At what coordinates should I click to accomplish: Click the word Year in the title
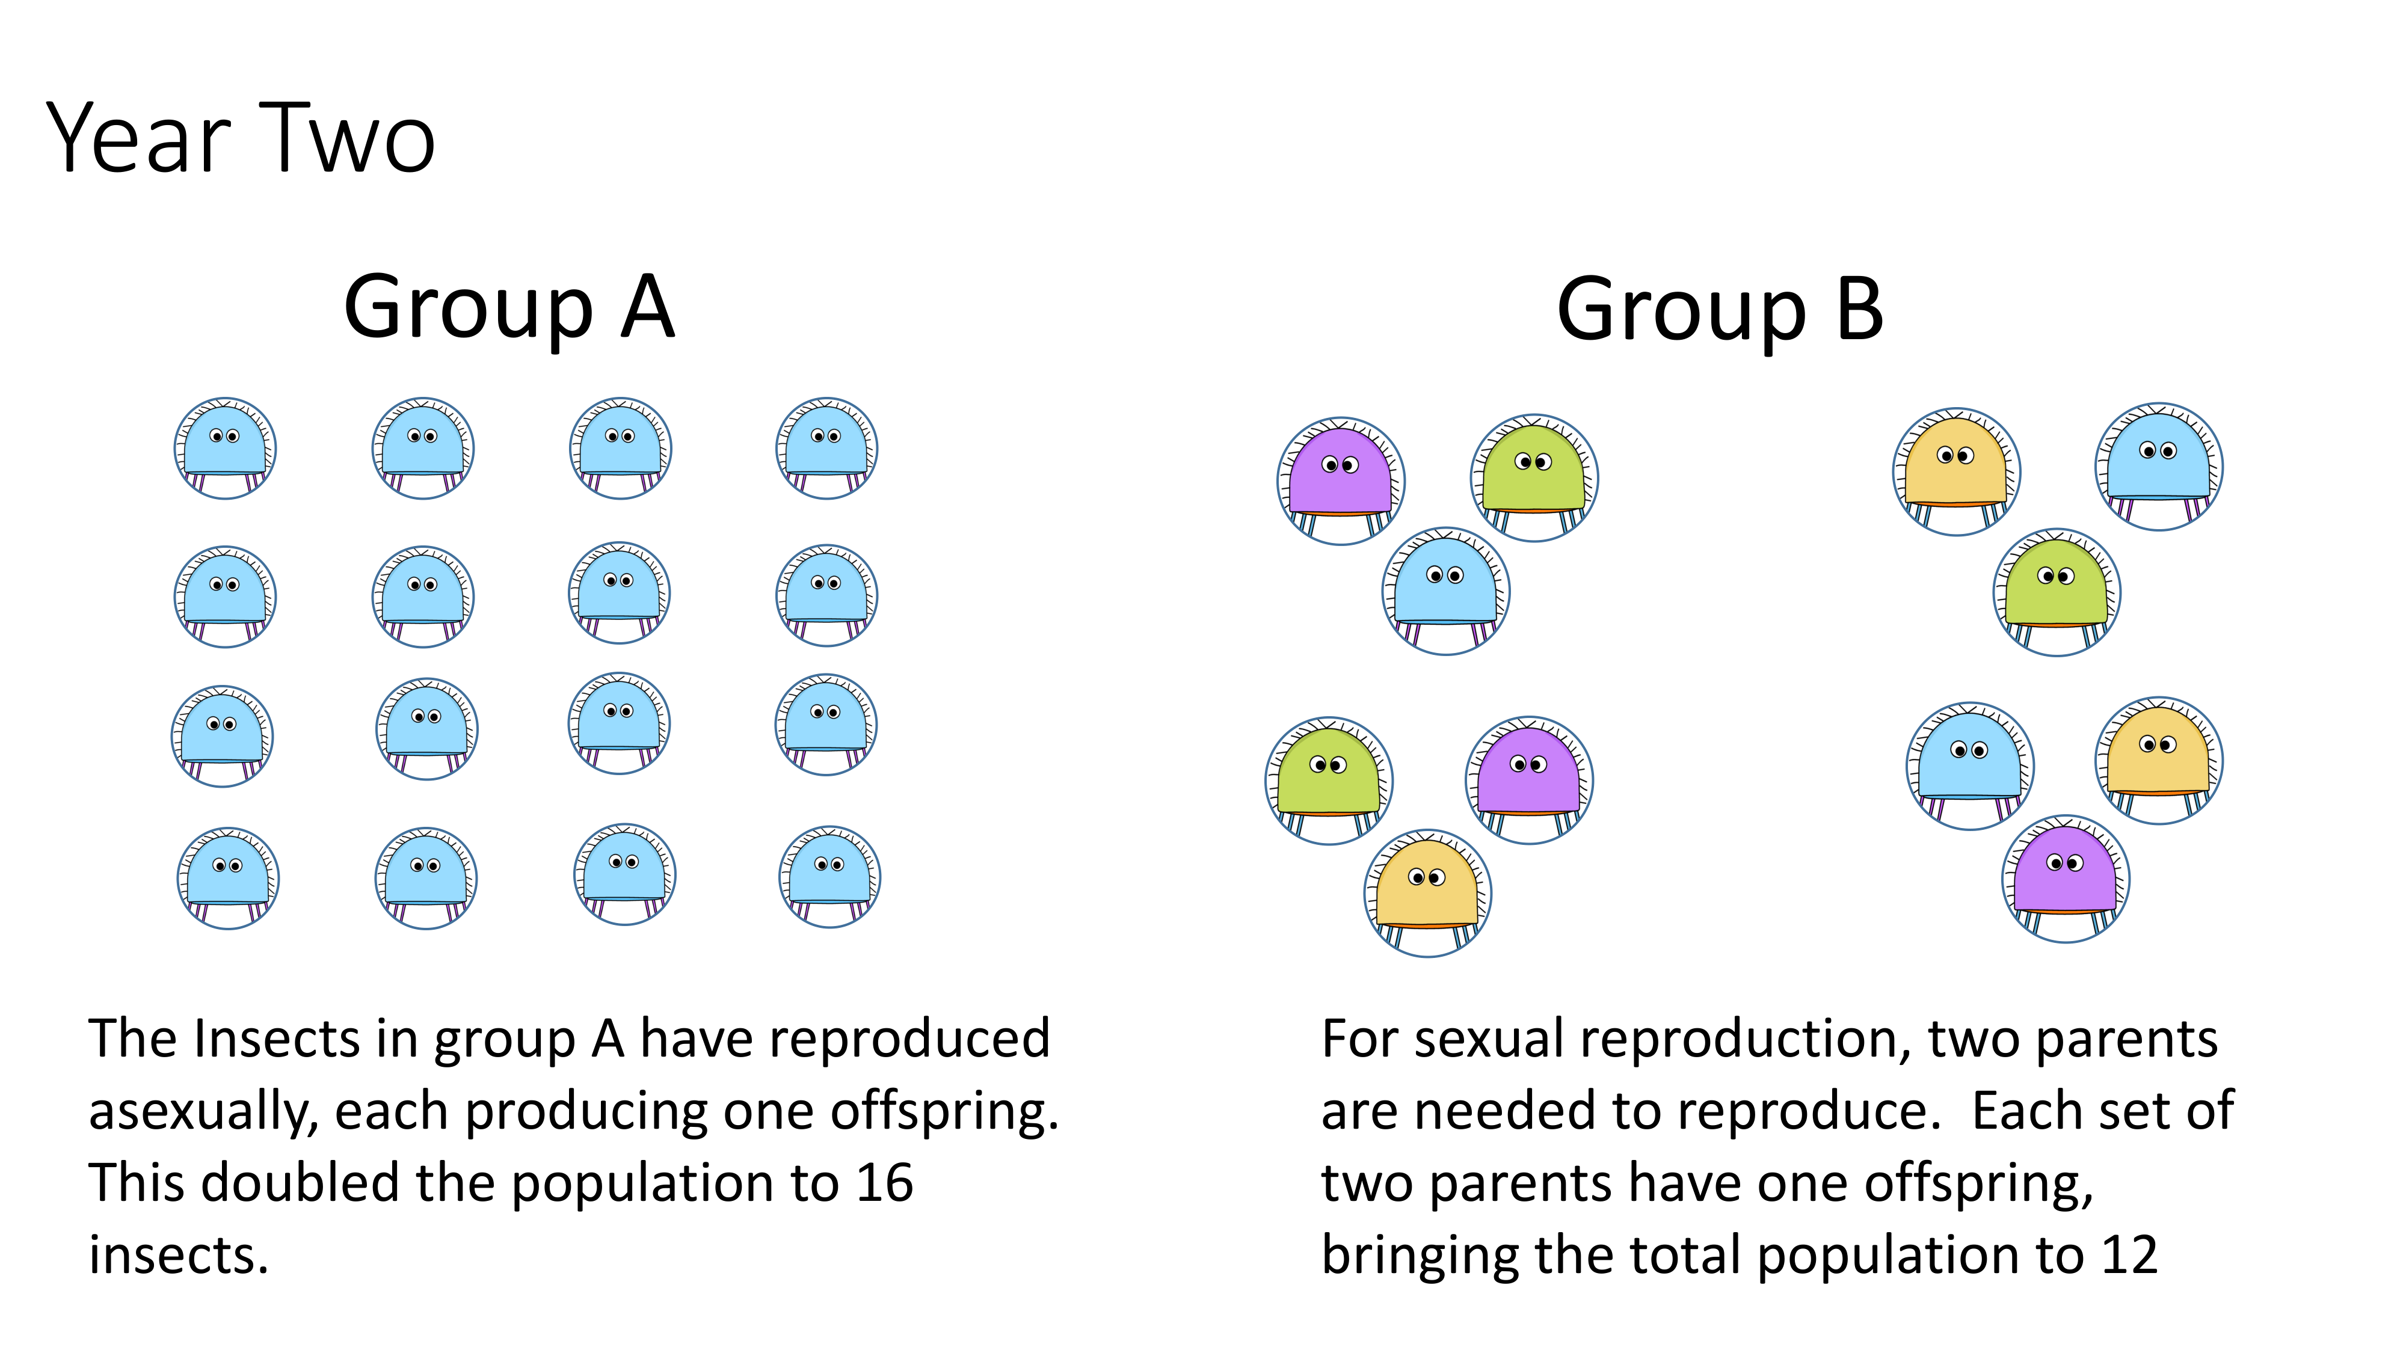138,138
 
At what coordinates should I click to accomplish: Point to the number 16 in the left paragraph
884,1182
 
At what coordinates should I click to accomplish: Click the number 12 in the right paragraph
2129,1255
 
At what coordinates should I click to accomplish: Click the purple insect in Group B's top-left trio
1340,481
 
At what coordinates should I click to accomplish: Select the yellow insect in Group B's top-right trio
1956,471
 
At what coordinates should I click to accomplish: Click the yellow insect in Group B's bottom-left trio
1427,892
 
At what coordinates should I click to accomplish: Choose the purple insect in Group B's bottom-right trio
2065,879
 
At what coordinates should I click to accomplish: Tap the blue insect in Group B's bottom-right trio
1970,765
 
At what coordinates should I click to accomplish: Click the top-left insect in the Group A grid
225,448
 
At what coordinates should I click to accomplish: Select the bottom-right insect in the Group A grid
829,877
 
